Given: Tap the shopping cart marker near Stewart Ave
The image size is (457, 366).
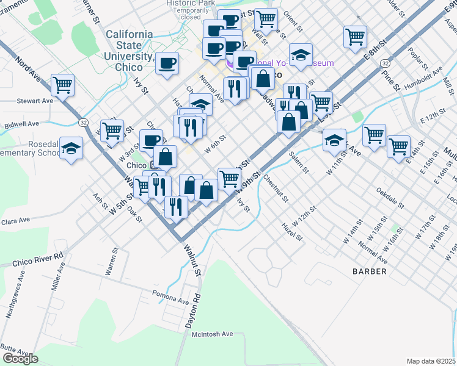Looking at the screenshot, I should pyautogui.click(x=62, y=85).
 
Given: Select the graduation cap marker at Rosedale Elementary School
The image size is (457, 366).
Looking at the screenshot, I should pyautogui.click(x=71, y=148).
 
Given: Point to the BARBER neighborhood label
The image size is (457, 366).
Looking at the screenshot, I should pyautogui.click(x=369, y=271).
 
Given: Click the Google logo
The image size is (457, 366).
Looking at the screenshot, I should pyautogui.click(x=20, y=359).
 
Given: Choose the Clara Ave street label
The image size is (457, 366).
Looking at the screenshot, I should pyautogui.click(x=15, y=221).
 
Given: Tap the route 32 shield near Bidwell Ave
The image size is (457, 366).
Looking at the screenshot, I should pyautogui.click(x=83, y=123).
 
